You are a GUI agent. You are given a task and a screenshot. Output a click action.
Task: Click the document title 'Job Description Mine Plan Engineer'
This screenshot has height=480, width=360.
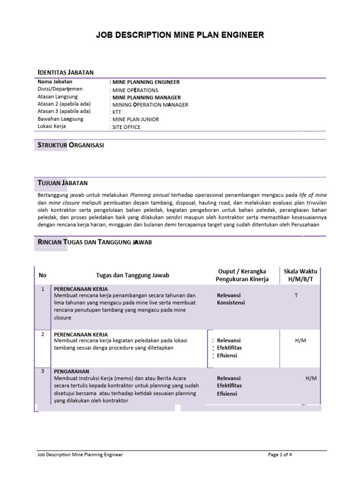click(180, 35)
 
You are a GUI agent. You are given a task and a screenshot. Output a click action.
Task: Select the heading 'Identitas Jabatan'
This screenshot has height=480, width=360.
click(66, 72)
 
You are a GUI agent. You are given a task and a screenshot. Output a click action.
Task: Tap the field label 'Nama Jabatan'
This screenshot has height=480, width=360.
click(55, 82)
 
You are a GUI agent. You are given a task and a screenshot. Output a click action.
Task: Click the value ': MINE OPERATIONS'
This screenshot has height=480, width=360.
click(134, 90)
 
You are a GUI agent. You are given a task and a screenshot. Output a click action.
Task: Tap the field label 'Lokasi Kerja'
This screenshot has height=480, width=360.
click(52, 126)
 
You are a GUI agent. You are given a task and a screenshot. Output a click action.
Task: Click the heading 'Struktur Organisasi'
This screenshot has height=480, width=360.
click(70, 145)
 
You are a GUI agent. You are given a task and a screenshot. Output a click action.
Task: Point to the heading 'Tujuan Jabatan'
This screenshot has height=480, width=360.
click(62, 182)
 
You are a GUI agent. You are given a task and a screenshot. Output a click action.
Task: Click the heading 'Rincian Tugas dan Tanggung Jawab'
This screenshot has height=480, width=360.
click(94, 241)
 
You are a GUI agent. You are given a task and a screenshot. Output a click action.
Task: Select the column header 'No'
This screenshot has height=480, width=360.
click(43, 275)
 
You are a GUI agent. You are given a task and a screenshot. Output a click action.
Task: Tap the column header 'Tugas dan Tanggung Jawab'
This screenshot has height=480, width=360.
click(133, 275)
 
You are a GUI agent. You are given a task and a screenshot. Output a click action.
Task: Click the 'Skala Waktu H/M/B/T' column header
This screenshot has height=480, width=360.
click(300, 275)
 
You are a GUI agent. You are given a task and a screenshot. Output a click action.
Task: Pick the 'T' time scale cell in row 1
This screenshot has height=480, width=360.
click(296, 295)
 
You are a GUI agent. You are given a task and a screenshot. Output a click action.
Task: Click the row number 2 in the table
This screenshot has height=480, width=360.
click(43, 334)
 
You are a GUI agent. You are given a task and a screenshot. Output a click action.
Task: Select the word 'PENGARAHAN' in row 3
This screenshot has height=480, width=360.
click(72, 371)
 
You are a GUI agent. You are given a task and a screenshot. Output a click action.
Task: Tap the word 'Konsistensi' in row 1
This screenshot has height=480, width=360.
click(231, 303)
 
